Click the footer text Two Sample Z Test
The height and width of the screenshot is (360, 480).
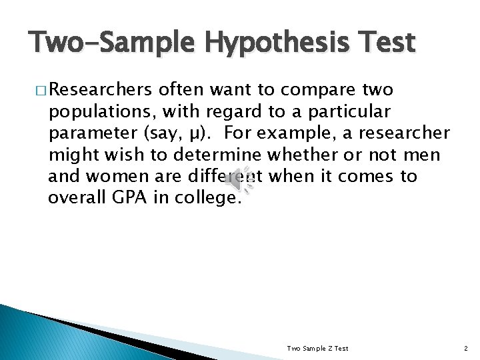pyautogui.click(x=317, y=348)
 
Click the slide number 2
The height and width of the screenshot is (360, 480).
pyautogui.click(x=465, y=348)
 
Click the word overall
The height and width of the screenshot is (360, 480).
pyautogui.click(x=73, y=198)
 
